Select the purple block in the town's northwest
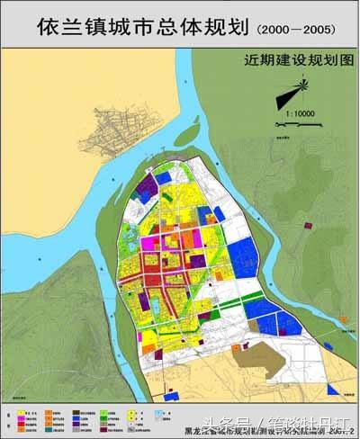coord(145,190)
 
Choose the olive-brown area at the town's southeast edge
coord(262,360)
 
